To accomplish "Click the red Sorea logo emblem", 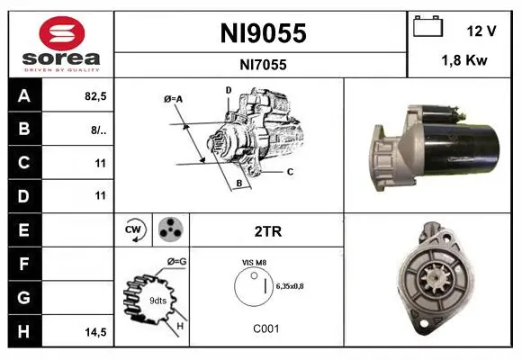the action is pos(62,33).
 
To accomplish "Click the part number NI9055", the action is pos(263,33).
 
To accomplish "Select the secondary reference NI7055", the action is pos(263,65).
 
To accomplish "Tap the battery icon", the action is pos(427,26).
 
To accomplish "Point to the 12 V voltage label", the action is pos(481,31).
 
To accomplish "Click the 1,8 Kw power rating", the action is pos(464,60).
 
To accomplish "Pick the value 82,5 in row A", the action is pos(95,96).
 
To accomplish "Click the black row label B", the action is pos(25,129).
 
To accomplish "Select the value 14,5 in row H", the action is pos(95,332).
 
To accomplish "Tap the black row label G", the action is pos(25,298).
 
